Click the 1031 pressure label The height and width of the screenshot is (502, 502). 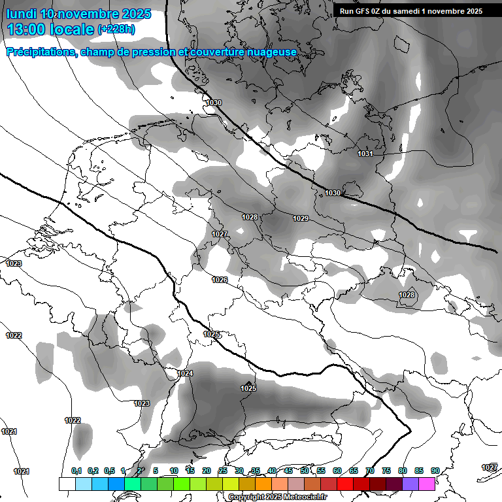click(365, 154)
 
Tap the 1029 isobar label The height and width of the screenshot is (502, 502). click(301, 218)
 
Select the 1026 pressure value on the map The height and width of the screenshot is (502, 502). click(220, 280)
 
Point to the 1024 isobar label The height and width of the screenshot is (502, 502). click(185, 373)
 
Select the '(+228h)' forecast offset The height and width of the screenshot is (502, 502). click(117, 29)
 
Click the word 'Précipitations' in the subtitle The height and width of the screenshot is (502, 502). click(39, 52)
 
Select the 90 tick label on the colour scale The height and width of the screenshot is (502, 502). click(435, 471)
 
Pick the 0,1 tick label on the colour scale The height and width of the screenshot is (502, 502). click(76, 471)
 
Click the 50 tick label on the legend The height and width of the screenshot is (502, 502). click(305, 471)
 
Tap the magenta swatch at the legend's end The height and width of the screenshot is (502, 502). click(427, 484)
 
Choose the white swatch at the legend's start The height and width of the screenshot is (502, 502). click(67, 484)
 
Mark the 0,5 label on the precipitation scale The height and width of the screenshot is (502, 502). click(109, 471)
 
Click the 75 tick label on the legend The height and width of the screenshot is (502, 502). click(386, 471)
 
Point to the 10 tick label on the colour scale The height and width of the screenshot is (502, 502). click(174, 471)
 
